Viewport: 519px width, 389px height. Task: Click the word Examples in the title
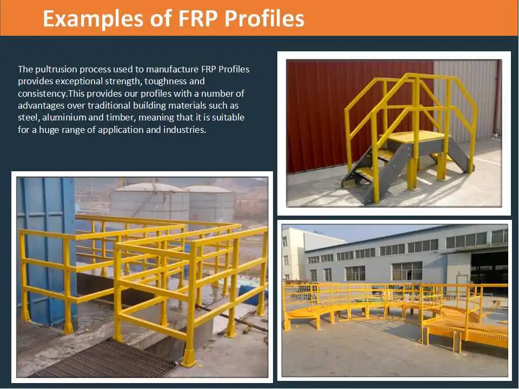tap(93, 18)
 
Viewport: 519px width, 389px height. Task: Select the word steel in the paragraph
tap(28, 117)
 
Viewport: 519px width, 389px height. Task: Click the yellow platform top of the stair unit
tap(418, 136)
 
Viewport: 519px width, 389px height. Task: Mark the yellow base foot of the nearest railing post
tap(189, 358)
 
